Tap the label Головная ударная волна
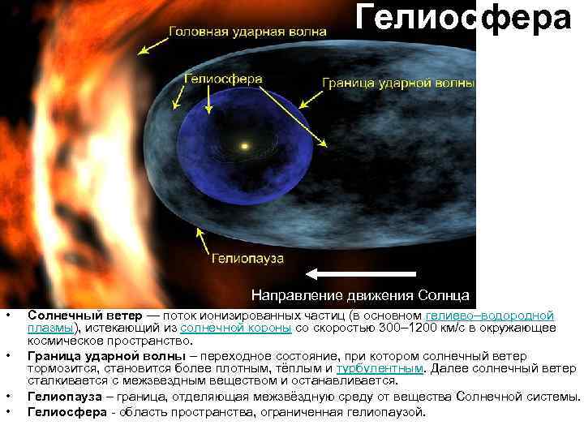[248, 32]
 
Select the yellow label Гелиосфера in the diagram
[223, 79]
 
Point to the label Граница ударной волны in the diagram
[397, 83]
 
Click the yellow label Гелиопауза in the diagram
[247, 259]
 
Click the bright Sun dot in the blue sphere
[244, 147]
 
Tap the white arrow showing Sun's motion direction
[361, 273]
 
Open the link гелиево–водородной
[490, 315]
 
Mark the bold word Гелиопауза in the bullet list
[65, 397]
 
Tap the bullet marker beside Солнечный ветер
[6, 315]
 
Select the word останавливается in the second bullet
[346, 380]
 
